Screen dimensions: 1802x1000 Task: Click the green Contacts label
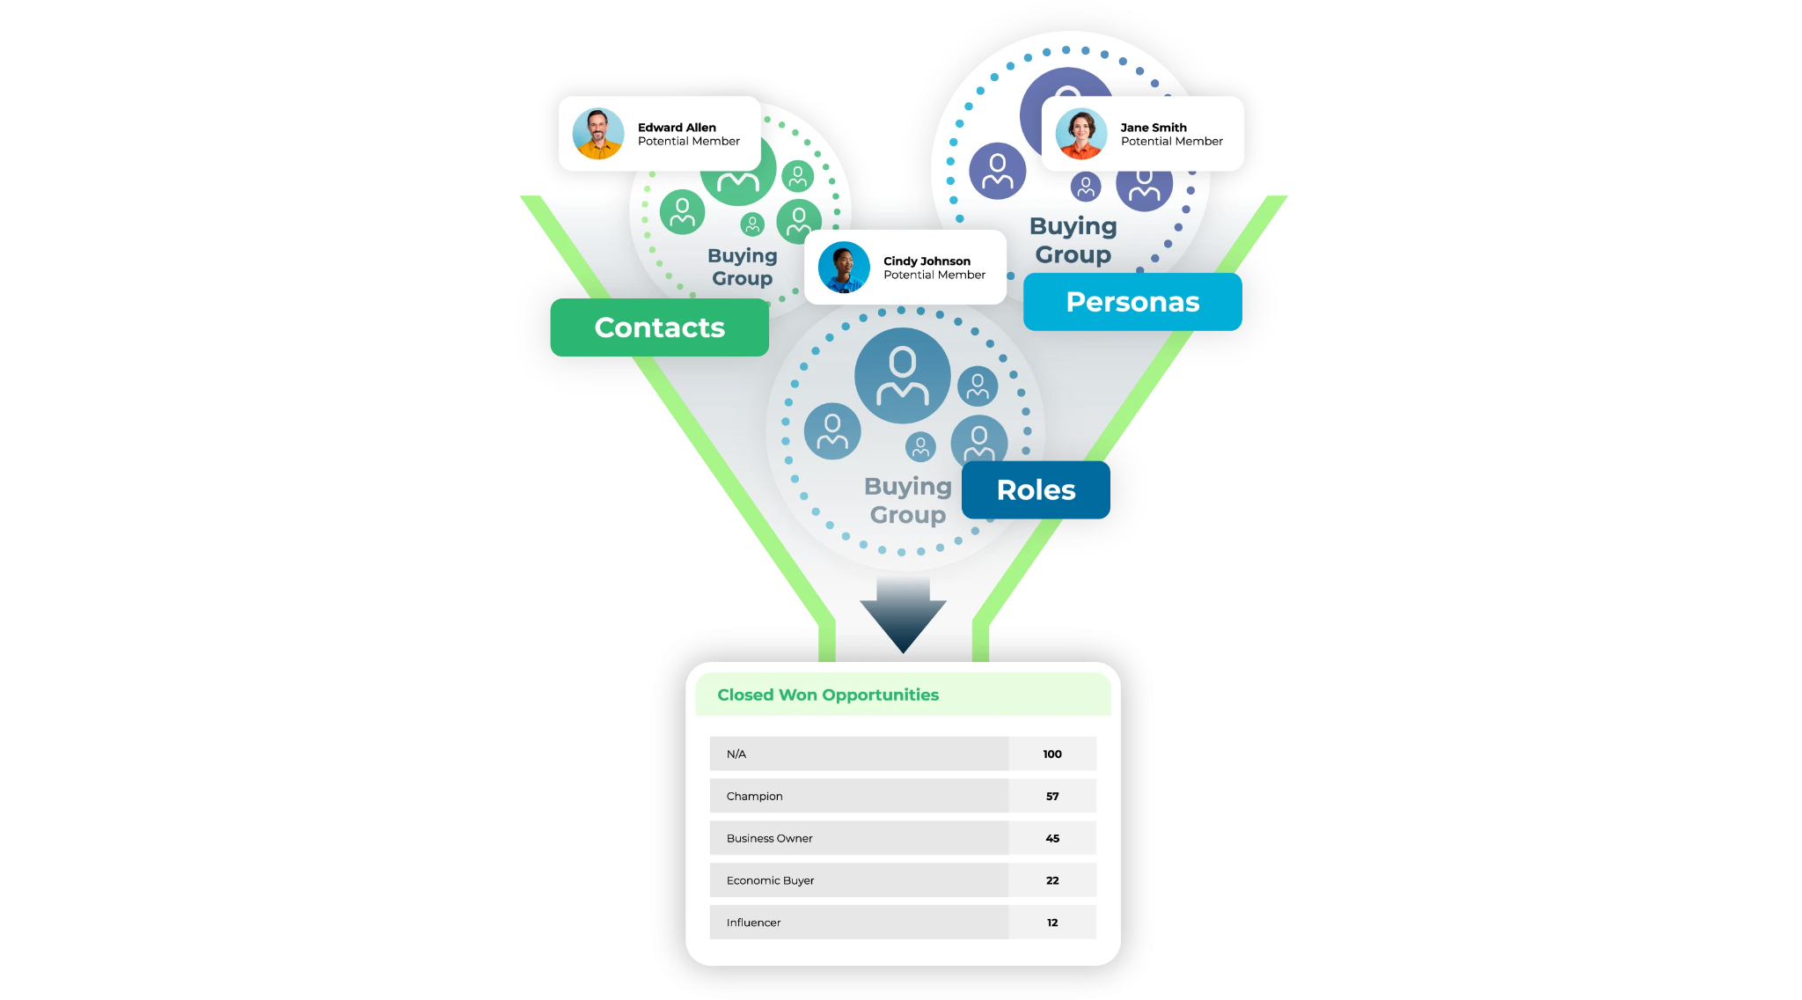659,327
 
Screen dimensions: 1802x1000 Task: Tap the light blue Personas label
1132,302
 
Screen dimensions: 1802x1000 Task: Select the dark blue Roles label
1036,489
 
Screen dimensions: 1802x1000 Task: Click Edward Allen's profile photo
598,134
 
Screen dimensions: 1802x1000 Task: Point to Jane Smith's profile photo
1081,134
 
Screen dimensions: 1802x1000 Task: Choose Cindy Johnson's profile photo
844,268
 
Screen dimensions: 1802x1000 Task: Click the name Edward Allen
677,128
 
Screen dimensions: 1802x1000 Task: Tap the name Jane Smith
1154,128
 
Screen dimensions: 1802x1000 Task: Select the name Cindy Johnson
927,261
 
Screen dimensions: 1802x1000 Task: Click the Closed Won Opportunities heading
828,695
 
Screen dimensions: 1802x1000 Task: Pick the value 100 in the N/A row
1052,754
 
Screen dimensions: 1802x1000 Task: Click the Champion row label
754,796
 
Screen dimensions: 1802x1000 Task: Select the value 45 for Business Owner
1052,838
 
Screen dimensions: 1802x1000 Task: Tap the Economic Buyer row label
770,880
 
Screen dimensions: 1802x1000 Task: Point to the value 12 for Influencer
1052,923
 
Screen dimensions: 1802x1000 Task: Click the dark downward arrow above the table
903,615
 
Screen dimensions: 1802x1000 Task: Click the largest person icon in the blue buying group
903,376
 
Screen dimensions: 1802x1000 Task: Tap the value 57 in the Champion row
1052,796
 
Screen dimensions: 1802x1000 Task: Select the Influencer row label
753,923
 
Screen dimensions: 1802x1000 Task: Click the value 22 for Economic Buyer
1052,880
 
